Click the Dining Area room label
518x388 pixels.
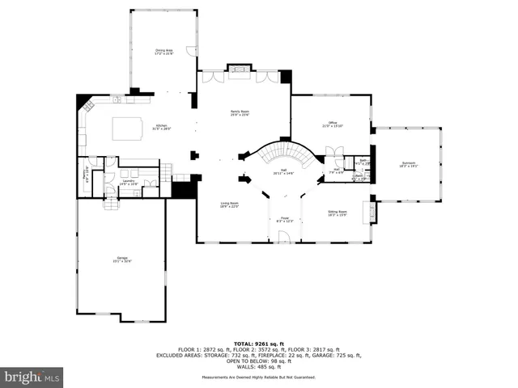pos(164,52)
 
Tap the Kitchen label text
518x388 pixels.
pos(160,127)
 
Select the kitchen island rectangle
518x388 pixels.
pos(125,128)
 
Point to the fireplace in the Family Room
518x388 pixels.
pos(239,71)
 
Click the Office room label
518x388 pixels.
pos(333,124)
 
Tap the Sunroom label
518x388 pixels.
pos(408,165)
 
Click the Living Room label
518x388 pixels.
pos(230,205)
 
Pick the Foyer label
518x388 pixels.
pos(285,219)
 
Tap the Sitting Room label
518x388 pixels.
pos(338,213)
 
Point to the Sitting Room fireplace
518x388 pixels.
pos(372,213)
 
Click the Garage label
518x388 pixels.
pos(121,259)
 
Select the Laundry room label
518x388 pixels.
pos(128,183)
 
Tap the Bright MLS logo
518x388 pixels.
pos(32,376)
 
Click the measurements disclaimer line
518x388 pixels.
pos(259,377)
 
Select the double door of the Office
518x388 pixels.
pos(333,152)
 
